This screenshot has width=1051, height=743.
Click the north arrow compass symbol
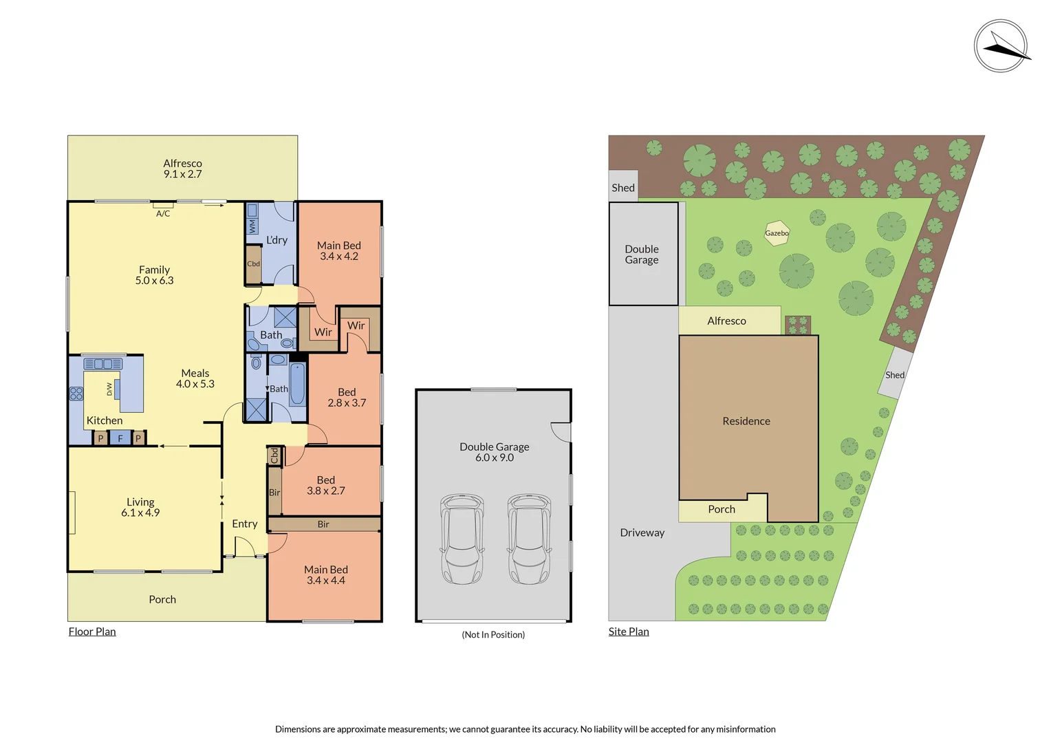point(1001,46)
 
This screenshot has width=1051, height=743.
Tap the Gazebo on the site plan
point(777,233)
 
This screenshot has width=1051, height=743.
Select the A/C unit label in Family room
point(163,213)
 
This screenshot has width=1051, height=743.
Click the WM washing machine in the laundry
point(252,226)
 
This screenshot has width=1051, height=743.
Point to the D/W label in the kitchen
point(109,389)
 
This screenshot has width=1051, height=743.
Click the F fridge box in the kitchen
point(120,438)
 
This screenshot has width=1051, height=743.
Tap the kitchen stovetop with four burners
point(76,394)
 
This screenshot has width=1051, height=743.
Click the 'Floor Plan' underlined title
point(92,632)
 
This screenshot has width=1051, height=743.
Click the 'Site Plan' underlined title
point(629,632)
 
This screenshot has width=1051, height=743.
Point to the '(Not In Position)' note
point(493,634)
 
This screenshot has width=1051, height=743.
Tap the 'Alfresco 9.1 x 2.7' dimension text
point(182,169)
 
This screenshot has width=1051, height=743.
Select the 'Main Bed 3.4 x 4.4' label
point(326,575)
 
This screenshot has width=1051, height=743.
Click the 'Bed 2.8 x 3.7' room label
point(347,397)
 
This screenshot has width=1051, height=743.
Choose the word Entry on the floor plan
point(244,524)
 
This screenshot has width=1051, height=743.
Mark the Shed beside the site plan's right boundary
point(895,374)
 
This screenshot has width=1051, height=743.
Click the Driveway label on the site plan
point(642,532)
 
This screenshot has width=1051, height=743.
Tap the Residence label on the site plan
point(746,421)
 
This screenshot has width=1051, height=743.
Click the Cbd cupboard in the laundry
point(253,263)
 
